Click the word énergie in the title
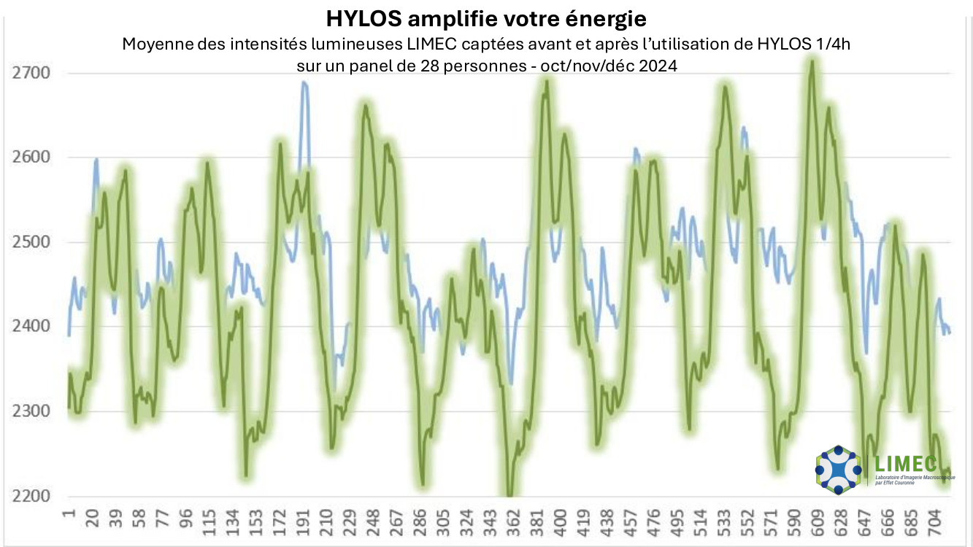602,16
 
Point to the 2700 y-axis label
31,73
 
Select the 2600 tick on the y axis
31,158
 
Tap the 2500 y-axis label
31,242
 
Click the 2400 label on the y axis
31,327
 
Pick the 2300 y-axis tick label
31,411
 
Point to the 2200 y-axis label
31,496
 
